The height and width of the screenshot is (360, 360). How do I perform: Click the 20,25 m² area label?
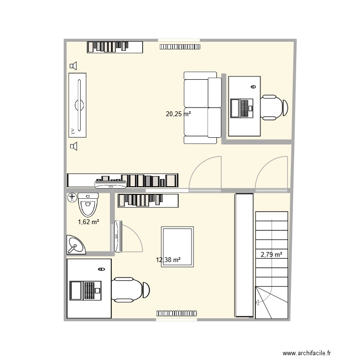click(x=178, y=114)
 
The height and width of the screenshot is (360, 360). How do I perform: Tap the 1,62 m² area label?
click(x=88, y=222)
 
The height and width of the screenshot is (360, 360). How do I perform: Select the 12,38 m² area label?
click(x=168, y=260)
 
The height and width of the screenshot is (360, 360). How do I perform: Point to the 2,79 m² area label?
click(x=271, y=255)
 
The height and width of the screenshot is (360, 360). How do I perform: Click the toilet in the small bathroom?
click(x=87, y=204)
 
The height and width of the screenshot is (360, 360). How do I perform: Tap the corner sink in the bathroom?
click(x=75, y=245)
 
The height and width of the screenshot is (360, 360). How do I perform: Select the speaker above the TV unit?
click(x=73, y=66)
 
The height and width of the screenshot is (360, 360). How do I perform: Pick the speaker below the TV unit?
click(x=73, y=146)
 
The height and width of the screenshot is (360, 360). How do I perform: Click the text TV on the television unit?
click(x=72, y=130)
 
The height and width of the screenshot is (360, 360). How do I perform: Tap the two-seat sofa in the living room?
click(x=202, y=108)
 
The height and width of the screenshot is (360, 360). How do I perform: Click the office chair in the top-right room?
click(x=274, y=107)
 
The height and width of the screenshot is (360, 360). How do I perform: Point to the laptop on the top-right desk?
click(x=241, y=108)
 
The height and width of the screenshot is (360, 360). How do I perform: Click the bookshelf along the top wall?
click(x=115, y=47)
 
